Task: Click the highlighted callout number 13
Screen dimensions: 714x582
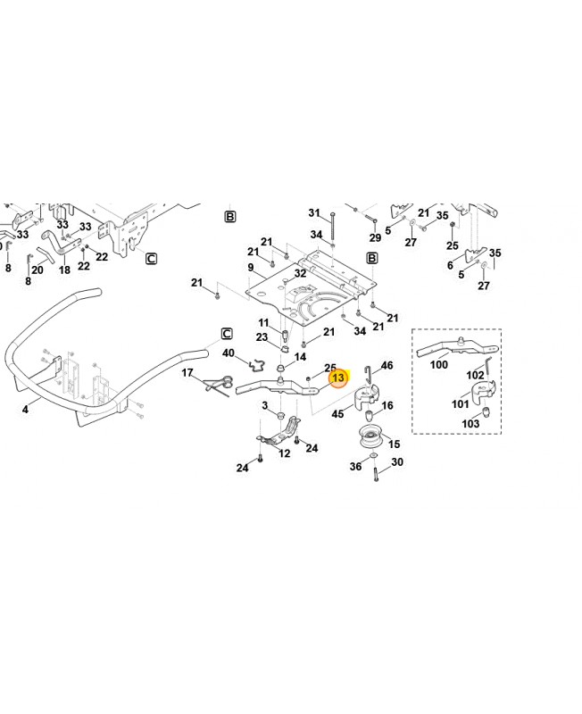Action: tap(338, 378)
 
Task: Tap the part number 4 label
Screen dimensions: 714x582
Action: tap(25, 410)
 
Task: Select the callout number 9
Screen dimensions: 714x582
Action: tap(251, 267)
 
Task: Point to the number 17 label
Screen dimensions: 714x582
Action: tap(187, 372)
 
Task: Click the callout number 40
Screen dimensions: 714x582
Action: tap(229, 353)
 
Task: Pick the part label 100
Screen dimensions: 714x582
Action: tap(439, 364)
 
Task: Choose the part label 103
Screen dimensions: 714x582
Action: tap(470, 423)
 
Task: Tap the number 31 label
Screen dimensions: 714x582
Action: tap(314, 213)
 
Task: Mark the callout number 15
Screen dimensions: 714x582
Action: tap(394, 444)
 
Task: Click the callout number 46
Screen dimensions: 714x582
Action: tap(387, 366)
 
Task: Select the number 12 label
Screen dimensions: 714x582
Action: tap(285, 453)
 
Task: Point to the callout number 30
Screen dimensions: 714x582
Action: tap(397, 462)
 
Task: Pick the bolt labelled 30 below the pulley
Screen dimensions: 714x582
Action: tap(376, 474)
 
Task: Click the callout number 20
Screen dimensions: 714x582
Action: tap(37, 270)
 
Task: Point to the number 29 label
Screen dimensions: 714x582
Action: tap(375, 237)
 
